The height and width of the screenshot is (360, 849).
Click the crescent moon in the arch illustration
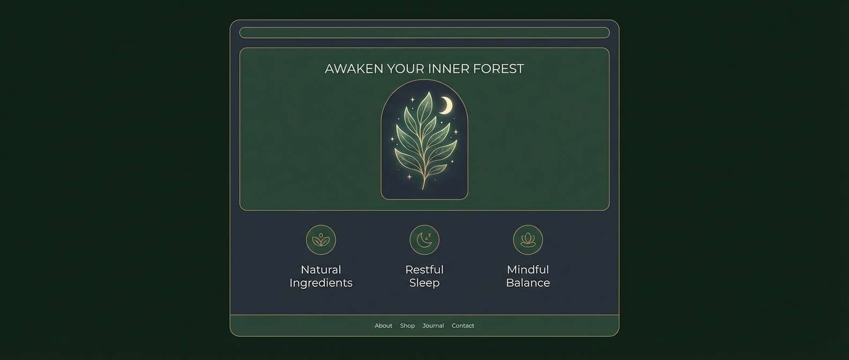(446, 106)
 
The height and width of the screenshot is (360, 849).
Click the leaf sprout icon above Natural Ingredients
(321, 239)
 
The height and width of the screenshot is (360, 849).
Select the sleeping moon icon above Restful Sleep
(424, 239)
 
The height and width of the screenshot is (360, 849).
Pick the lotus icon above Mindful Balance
(528, 239)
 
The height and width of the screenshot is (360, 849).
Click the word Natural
(321, 269)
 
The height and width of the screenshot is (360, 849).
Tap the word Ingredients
(321, 283)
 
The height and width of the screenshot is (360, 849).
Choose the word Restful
(424, 269)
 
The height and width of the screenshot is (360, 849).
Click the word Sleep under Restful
(424, 283)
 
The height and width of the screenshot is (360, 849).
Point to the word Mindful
(528, 269)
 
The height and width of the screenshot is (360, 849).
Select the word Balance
(528, 283)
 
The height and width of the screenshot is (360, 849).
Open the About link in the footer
(383, 326)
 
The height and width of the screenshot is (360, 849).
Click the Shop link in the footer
(407, 326)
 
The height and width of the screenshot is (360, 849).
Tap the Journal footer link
(433, 326)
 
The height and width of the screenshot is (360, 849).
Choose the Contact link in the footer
(463, 326)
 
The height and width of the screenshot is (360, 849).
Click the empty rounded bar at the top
(424, 33)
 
